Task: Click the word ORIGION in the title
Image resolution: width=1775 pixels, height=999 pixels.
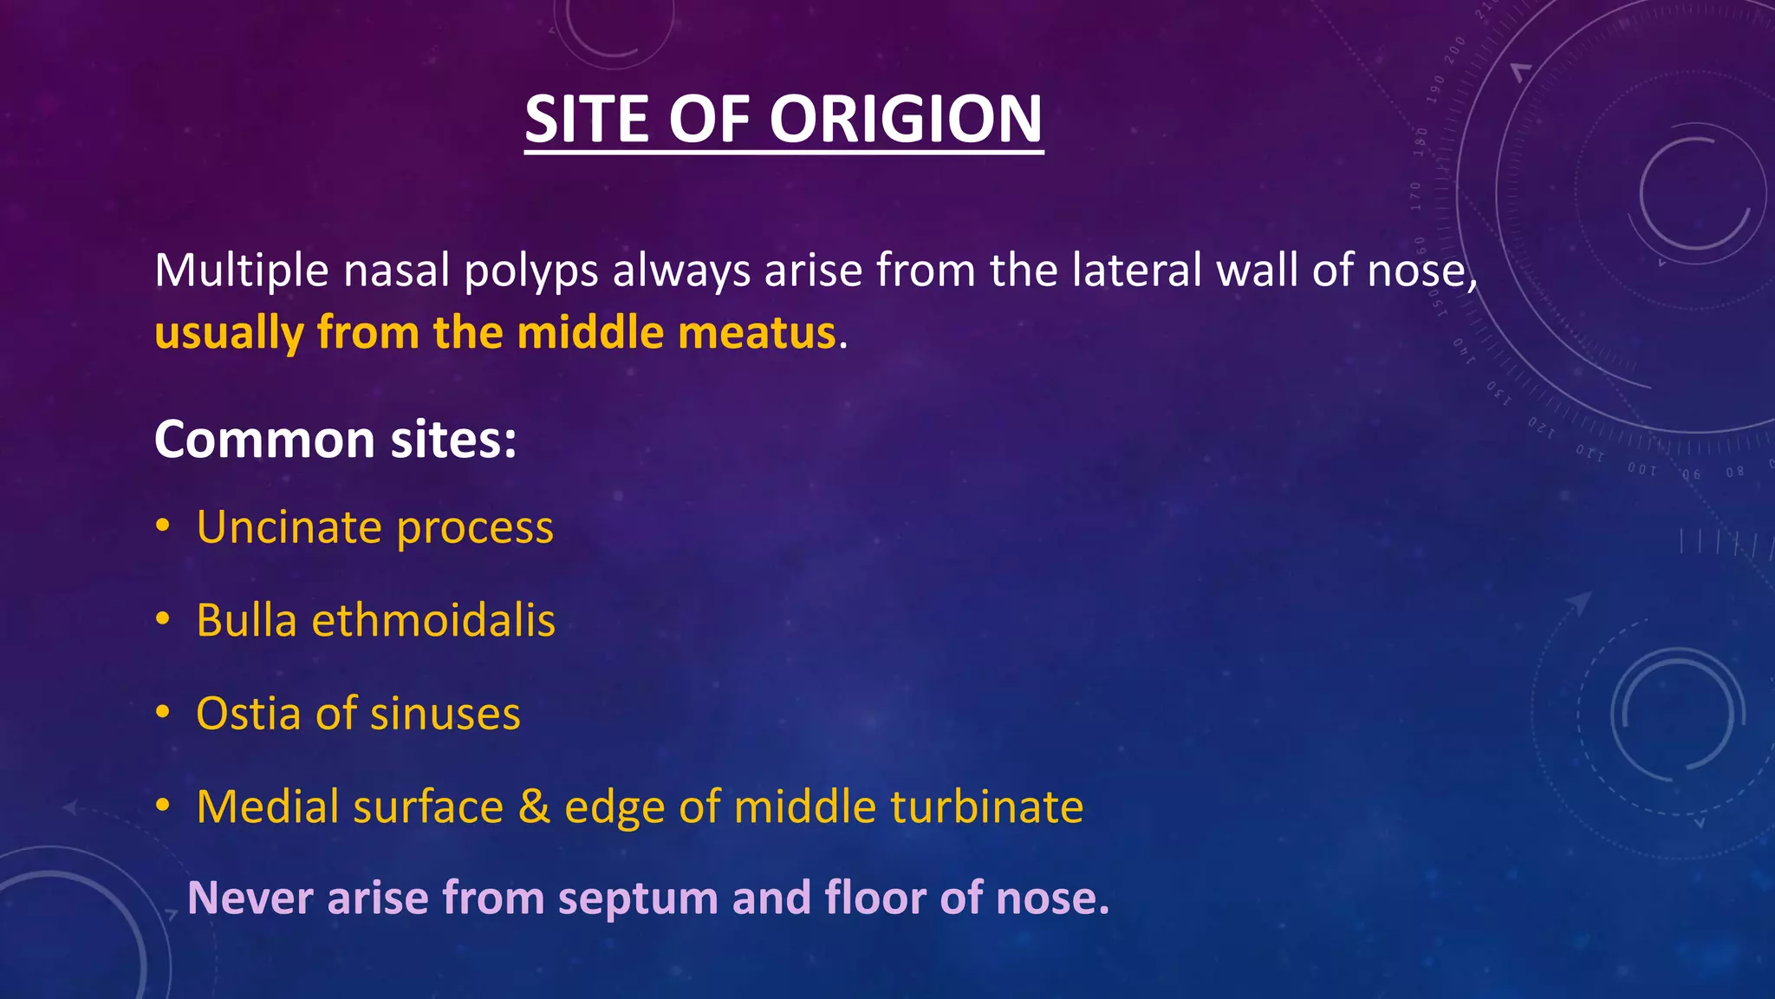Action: tap(906, 119)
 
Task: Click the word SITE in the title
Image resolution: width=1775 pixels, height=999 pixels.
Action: tap(587, 119)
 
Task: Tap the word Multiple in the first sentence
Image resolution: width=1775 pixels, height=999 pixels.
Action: tap(241, 271)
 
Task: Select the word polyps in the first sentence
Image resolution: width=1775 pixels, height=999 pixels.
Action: tap(530, 272)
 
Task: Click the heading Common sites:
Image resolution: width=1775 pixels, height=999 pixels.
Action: tap(335, 440)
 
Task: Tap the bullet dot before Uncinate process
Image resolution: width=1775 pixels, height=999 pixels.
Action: tap(163, 526)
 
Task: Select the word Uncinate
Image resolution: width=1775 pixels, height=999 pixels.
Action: tap(289, 527)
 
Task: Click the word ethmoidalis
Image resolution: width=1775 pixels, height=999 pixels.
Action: tap(433, 621)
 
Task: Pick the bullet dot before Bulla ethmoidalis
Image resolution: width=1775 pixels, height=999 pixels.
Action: tap(163, 620)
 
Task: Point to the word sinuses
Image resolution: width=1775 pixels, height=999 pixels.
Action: tap(445, 715)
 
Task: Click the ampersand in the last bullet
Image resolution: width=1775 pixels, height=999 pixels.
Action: tap(534, 806)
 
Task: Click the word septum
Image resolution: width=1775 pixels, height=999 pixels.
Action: tap(638, 899)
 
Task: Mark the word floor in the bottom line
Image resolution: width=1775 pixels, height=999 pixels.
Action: tap(874, 898)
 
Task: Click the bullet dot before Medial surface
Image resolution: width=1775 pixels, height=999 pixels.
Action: tap(163, 806)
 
